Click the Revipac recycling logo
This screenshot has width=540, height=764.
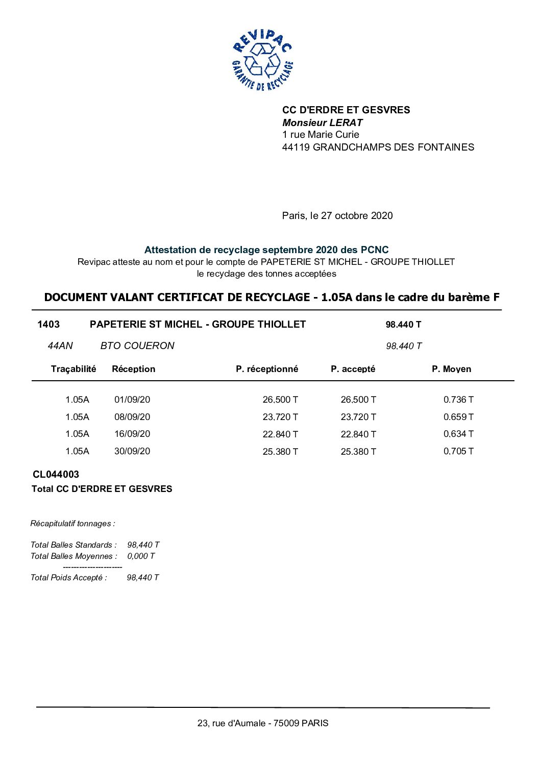(262, 60)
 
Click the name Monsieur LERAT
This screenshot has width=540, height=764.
(322, 122)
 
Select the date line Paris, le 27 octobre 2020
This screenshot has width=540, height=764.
(337, 216)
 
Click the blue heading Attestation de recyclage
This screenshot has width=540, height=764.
(266, 250)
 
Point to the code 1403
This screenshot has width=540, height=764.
(48, 325)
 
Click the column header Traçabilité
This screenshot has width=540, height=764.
(73, 369)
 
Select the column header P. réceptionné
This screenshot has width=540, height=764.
(266, 369)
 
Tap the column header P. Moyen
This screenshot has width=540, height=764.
(451, 369)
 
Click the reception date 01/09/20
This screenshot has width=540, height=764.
(132, 400)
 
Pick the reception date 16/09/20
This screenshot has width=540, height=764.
(132, 434)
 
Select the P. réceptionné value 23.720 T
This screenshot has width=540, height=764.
(280, 417)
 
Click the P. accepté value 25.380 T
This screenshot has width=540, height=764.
(358, 452)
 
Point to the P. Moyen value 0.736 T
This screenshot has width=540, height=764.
(458, 400)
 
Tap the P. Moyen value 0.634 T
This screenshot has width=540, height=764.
(458, 434)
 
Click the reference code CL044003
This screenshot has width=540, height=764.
(56, 475)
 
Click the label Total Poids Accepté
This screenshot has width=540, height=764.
(69, 578)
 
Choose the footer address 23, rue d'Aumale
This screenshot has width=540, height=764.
(263, 723)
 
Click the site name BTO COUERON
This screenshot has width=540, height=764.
(137, 346)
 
